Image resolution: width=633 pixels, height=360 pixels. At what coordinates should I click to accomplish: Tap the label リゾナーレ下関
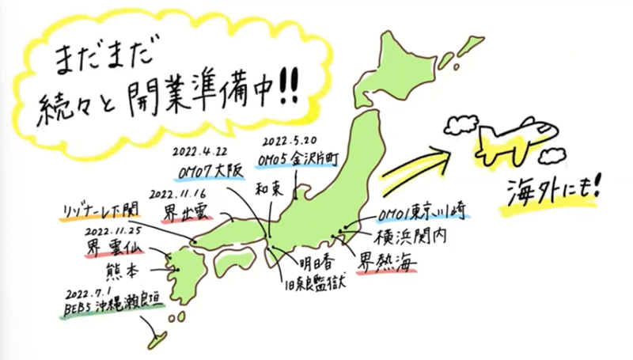point(100,210)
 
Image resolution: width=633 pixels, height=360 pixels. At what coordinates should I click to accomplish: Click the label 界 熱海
point(387,260)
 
